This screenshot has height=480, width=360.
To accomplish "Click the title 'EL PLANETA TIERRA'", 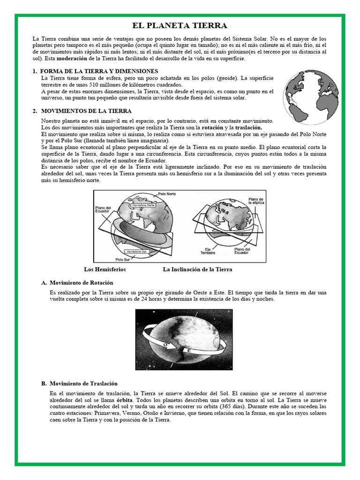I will pyautogui.click(x=180, y=25).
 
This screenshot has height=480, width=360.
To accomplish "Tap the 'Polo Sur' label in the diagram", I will pyautogui.click(x=123, y=259).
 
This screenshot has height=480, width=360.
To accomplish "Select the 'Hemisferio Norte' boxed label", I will pyautogui.click(x=143, y=205).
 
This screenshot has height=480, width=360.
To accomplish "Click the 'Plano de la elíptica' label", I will pyautogui.click(x=256, y=201).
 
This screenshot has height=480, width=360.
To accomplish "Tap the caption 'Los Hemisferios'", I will pyautogui.click(x=105, y=270).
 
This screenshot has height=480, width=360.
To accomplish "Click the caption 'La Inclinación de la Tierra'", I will pyautogui.click(x=197, y=270).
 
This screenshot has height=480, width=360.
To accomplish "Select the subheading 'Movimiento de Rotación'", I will pyautogui.click(x=82, y=283).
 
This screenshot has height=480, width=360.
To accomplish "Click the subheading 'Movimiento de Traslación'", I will pyautogui.click(x=83, y=383).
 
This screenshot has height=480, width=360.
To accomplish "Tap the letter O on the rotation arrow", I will pyautogui.click(x=165, y=345).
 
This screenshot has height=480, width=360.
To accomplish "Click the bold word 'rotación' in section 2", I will pyautogui.click(x=212, y=127).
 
